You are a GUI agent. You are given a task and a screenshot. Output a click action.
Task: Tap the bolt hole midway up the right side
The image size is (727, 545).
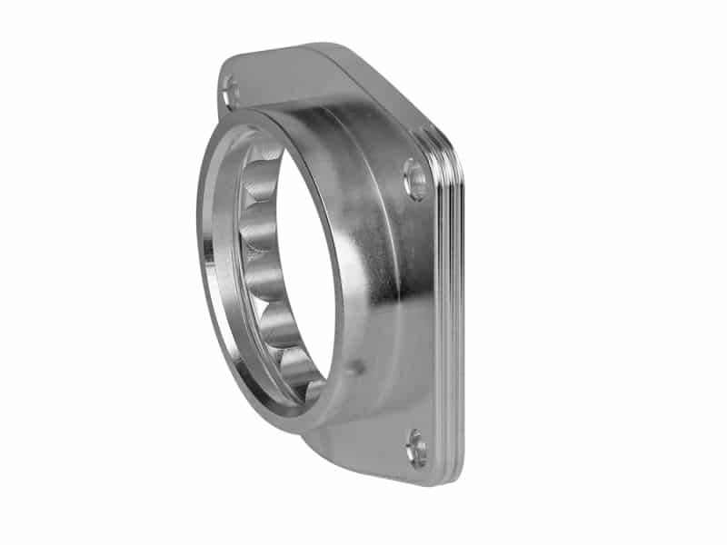point(415,179)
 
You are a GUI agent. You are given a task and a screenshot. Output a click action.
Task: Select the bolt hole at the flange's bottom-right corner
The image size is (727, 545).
point(416,449)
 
